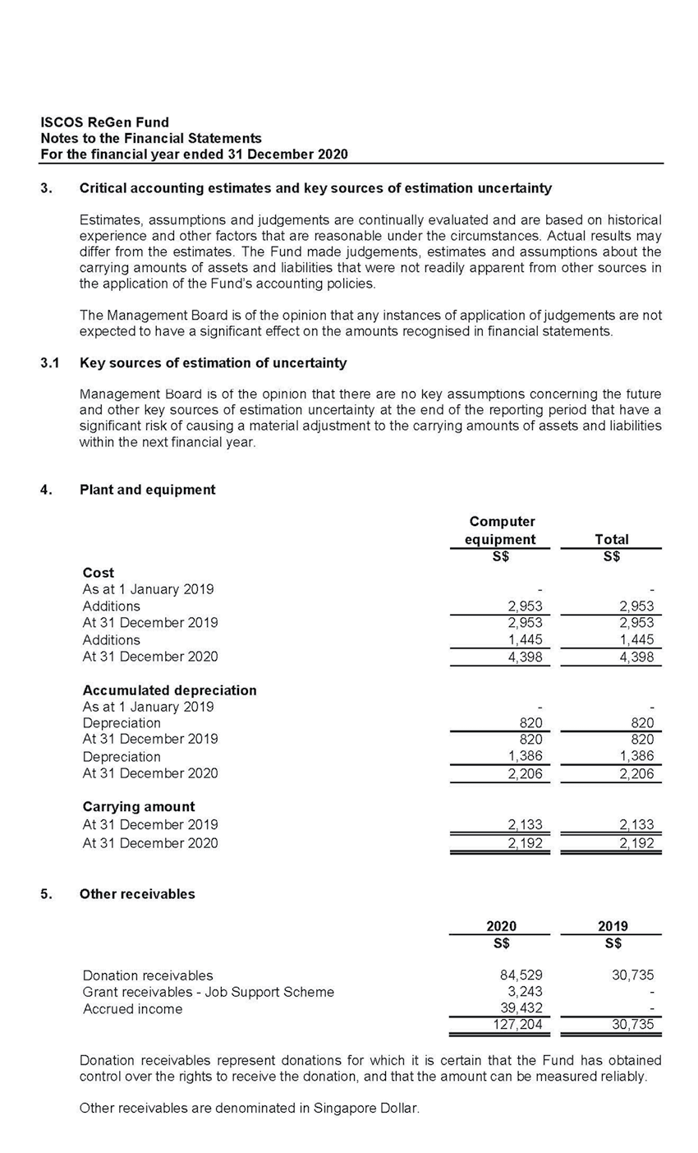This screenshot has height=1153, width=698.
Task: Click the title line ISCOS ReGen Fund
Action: point(104,122)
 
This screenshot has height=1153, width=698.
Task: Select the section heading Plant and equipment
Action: point(147,490)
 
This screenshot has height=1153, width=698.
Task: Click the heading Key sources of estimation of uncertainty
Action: point(213,363)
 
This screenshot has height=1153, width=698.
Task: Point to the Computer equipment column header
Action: point(501,530)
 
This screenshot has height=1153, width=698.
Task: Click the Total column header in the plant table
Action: point(611,539)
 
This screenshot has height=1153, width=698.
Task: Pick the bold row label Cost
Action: point(99,572)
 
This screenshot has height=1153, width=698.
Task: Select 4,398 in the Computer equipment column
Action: point(525,657)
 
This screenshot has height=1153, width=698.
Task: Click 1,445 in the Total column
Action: point(637,639)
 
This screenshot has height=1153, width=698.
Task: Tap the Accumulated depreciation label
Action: point(169,690)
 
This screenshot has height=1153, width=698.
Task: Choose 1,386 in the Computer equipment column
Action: point(525,756)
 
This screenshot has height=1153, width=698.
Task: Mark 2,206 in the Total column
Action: point(637,773)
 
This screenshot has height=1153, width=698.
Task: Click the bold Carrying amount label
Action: point(139,806)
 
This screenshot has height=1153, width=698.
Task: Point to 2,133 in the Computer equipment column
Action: point(525,825)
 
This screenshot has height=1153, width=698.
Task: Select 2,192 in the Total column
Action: point(637,843)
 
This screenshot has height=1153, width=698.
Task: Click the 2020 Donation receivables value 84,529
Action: point(521,975)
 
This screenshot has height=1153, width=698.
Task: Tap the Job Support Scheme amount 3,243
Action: point(525,992)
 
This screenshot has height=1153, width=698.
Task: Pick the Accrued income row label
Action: point(133,1009)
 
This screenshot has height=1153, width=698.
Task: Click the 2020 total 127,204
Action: point(519,1026)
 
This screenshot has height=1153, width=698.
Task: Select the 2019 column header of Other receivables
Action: point(613,926)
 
